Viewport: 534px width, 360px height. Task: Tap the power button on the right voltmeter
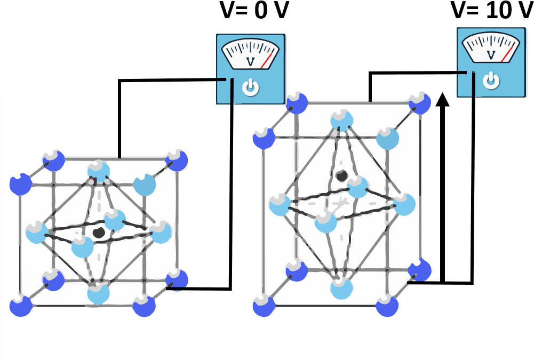coord(491,81)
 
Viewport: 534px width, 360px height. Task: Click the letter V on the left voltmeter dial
coord(250,62)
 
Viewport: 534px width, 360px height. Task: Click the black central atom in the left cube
coord(98,233)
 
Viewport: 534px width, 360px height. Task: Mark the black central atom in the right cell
coord(340,175)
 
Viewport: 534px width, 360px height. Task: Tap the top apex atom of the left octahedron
coord(98,170)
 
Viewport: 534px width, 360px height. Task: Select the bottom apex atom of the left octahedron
coord(98,292)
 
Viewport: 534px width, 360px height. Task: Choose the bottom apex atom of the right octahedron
coord(341,287)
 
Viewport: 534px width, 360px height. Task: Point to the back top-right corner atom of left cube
coord(177,160)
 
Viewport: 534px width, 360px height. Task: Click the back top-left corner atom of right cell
coord(297,103)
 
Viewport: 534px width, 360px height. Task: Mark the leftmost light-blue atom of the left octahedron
coord(36,232)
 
